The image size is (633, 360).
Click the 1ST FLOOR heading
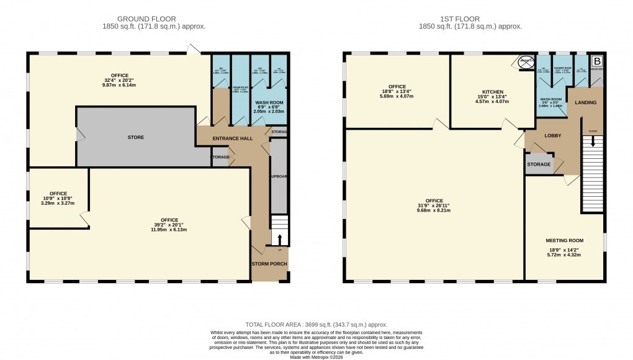(470, 19)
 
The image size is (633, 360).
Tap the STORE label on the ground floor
(135, 137)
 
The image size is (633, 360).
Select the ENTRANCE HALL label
(233, 138)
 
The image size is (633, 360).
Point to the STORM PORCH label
(269, 264)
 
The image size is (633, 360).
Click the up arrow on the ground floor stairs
(279, 238)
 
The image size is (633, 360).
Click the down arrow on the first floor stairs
(593, 142)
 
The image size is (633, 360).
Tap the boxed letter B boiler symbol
(596, 61)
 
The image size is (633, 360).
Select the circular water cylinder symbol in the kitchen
(526, 61)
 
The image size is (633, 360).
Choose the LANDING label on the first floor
(585, 102)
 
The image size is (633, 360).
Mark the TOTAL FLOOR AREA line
(316, 325)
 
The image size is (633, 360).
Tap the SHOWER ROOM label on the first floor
(562, 69)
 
